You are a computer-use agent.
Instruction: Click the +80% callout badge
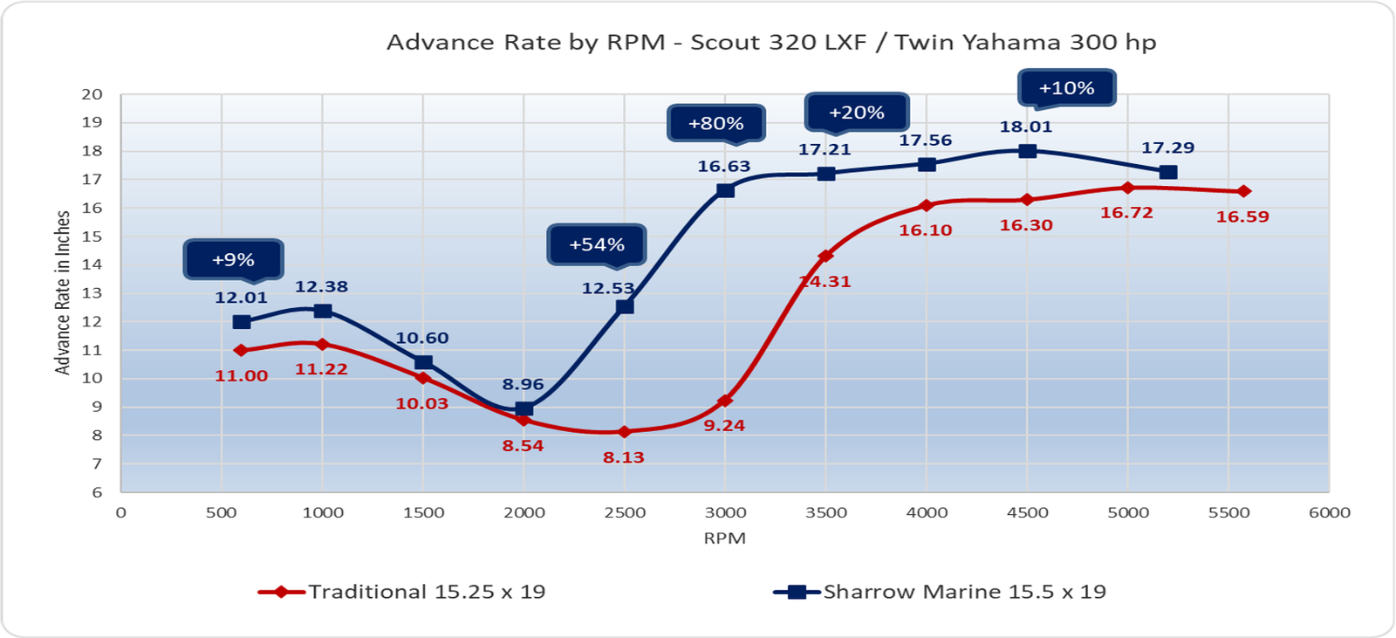tap(715, 124)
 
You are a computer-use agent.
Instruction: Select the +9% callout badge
tap(233, 259)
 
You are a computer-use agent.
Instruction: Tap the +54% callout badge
tap(597, 244)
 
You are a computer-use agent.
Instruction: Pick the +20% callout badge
tap(856, 113)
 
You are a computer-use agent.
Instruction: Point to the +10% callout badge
tap(1066, 88)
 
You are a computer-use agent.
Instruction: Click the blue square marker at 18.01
tap(1028, 150)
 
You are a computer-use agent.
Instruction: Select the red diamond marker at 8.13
tap(624, 432)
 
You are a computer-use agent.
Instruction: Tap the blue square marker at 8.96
tap(523, 408)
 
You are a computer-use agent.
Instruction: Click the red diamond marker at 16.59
tap(1244, 191)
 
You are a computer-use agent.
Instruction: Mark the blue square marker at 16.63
tap(725, 189)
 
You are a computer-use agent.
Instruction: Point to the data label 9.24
tap(724, 426)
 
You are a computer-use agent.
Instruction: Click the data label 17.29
tap(1167, 148)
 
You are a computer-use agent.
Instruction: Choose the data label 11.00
tap(241, 376)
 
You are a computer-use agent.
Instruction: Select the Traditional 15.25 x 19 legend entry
tap(402, 592)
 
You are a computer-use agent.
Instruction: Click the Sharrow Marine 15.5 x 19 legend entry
tap(941, 592)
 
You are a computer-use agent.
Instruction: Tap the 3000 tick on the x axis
tap(725, 513)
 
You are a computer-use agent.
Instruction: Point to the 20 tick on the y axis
tap(92, 94)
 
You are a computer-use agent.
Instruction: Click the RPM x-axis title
tap(724, 539)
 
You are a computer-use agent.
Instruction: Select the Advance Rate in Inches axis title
tap(63, 292)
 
